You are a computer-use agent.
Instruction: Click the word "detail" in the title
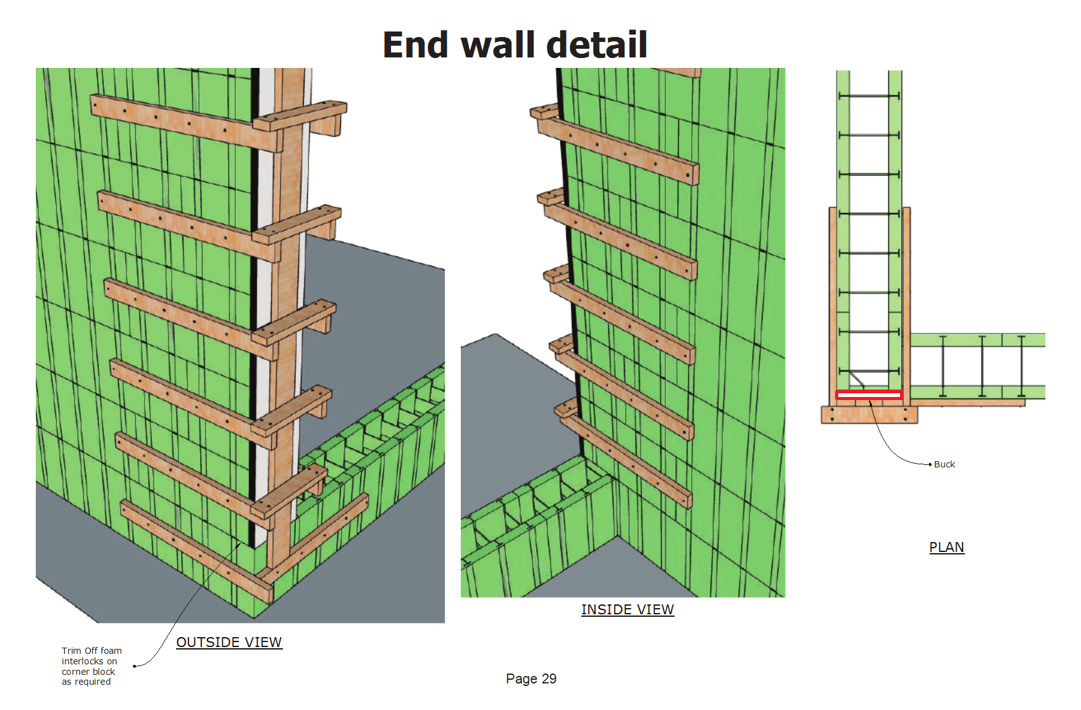click(597, 45)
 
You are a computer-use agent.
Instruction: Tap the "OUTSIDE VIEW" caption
click(229, 642)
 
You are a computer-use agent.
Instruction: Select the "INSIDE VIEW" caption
click(628, 609)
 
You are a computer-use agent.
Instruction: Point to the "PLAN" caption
click(947, 547)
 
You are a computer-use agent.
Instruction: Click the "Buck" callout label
click(944, 464)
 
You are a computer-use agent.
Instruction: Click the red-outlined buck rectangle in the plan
click(869, 395)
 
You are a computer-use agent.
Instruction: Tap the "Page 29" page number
click(531, 679)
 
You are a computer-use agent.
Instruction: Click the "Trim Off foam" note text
click(92, 651)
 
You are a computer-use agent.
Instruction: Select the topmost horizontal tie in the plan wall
click(869, 96)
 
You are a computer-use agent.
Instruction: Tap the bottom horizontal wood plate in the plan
click(869, 414)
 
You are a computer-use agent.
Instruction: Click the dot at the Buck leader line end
click(930, 464)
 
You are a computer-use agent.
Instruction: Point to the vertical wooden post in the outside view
click(287, 309)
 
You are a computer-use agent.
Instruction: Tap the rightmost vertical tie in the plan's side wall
click(1021, 366)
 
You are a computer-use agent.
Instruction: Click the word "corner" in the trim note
click(75, 672)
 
